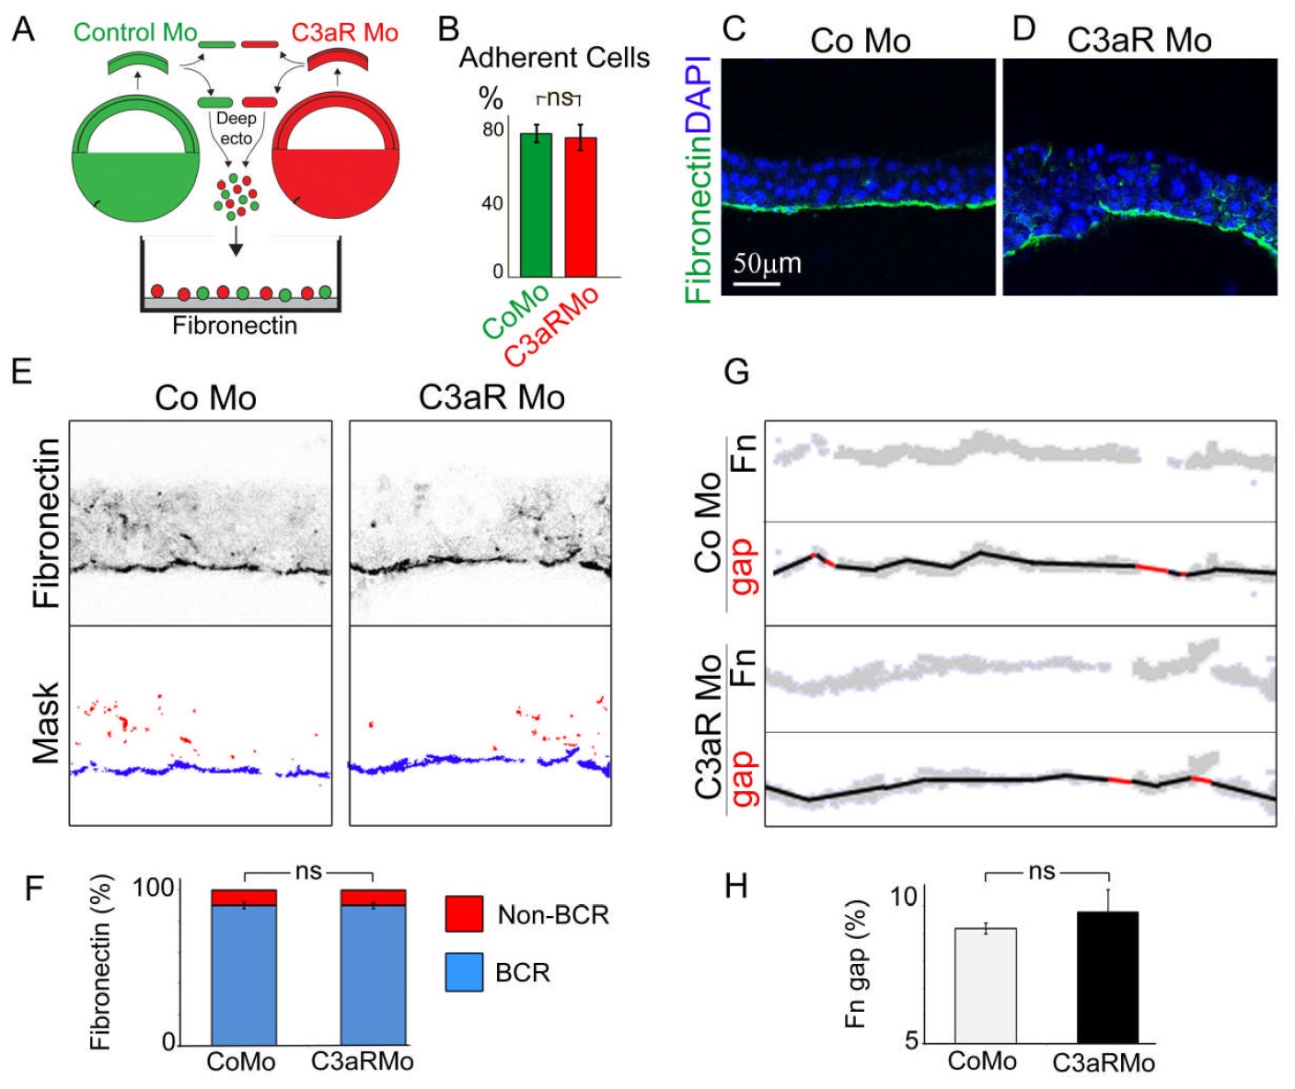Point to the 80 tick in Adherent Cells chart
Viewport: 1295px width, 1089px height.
click(x=493, y=130)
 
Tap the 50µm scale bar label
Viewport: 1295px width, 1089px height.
click(x=767, y=264)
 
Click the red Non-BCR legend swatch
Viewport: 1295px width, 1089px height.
click(x=464, y=914)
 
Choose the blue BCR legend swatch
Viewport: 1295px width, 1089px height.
click(x=464, y=972)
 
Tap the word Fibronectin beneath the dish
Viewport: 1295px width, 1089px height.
click(x=235, y=326)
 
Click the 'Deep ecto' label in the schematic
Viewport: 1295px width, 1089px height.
click(x=236, y=129)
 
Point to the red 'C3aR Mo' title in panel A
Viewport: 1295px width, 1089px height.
click(x=344, y=33)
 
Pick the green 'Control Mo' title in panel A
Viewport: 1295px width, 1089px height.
click(x=135, y=32)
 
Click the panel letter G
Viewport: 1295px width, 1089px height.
click(x=736, y=372)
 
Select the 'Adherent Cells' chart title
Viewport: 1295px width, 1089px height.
click(x=554, y=58)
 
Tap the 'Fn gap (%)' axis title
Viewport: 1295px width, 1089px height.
click(x=856, y=964)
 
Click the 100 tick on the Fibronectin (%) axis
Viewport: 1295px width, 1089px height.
click(x=153, y=888)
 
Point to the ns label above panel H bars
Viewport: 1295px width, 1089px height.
click(x=1042, y=871)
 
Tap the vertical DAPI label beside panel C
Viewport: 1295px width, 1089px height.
click(x=700, y=95)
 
